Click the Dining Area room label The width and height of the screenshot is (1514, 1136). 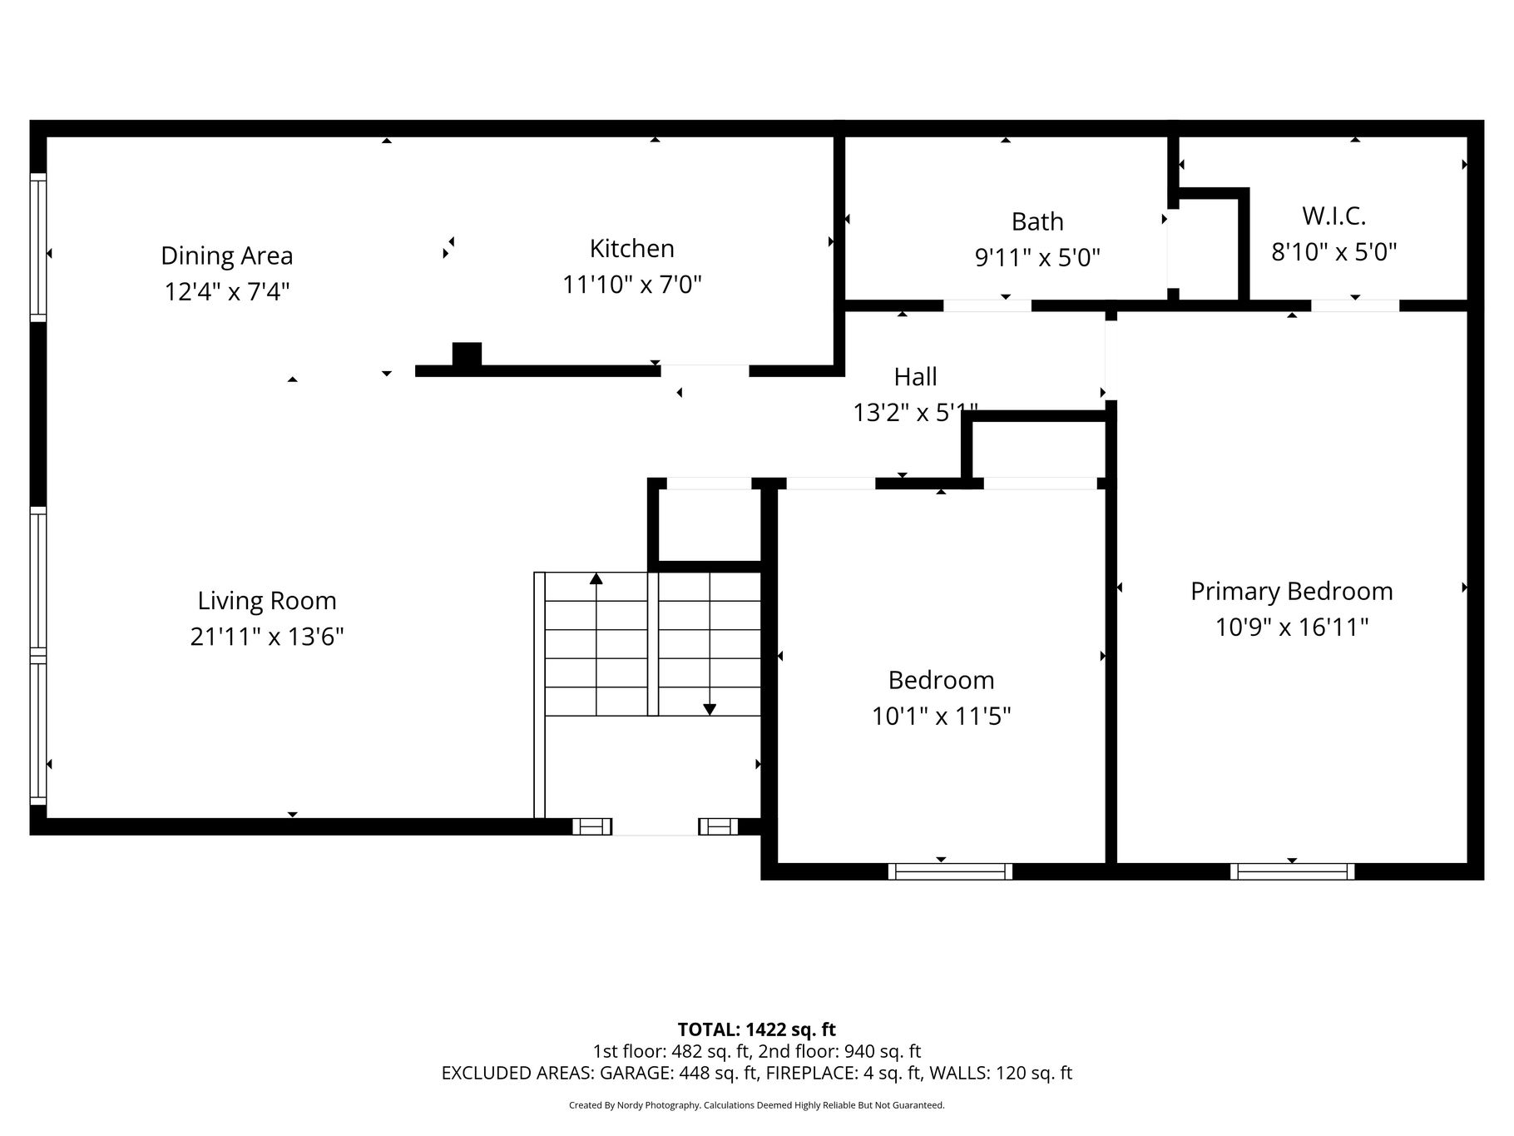click(226, 255)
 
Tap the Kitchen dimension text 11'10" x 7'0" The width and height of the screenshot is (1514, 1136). click(632, 285)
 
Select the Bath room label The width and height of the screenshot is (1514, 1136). click(1037, 221)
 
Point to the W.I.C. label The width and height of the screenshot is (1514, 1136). click(1333, 216)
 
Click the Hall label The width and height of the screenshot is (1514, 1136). click(915, 377)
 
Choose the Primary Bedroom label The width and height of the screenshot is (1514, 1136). click(1291, 591)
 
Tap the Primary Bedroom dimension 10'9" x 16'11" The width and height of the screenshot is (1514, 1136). click(1291, 627)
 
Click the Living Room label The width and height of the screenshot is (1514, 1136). click(267, 601)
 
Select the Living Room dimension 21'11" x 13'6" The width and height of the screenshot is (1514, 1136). click(267, 637)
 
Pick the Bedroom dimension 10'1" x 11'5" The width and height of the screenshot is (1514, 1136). click(941, 716)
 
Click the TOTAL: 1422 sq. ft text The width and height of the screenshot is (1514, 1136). click(756, 1030)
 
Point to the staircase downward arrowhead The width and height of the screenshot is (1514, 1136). click(710, 709)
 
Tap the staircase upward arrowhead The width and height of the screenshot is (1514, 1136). click(596, 578)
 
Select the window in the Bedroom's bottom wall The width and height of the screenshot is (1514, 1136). click(950, 871)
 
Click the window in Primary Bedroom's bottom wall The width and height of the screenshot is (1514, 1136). click(1292, 871)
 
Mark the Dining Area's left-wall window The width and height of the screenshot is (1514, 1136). click(38, 247)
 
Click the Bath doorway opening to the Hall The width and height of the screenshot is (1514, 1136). click(987, 305)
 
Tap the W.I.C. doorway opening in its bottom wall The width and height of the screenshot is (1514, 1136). click(1355, 305)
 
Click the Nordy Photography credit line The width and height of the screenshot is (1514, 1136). click(756, 1105)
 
